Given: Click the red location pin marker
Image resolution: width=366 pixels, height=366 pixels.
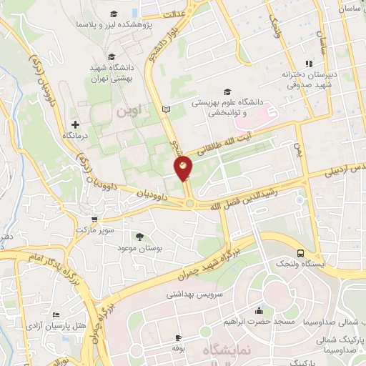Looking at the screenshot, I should coord(184,169).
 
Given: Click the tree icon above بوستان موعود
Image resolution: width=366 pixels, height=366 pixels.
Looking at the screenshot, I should coord(139,237).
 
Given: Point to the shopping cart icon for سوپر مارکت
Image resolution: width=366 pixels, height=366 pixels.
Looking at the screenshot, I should coord(96,221).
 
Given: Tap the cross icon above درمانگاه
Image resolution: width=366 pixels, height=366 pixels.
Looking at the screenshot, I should coord(75,124).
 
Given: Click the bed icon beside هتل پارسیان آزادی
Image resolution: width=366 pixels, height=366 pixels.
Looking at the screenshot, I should coord(57,315).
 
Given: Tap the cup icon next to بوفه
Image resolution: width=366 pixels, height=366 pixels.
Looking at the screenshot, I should coord(178,337).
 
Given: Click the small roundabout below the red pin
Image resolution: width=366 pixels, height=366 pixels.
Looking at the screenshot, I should coord(190,204).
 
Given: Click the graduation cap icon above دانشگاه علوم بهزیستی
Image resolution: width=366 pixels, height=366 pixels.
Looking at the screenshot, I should coord(227,91).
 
